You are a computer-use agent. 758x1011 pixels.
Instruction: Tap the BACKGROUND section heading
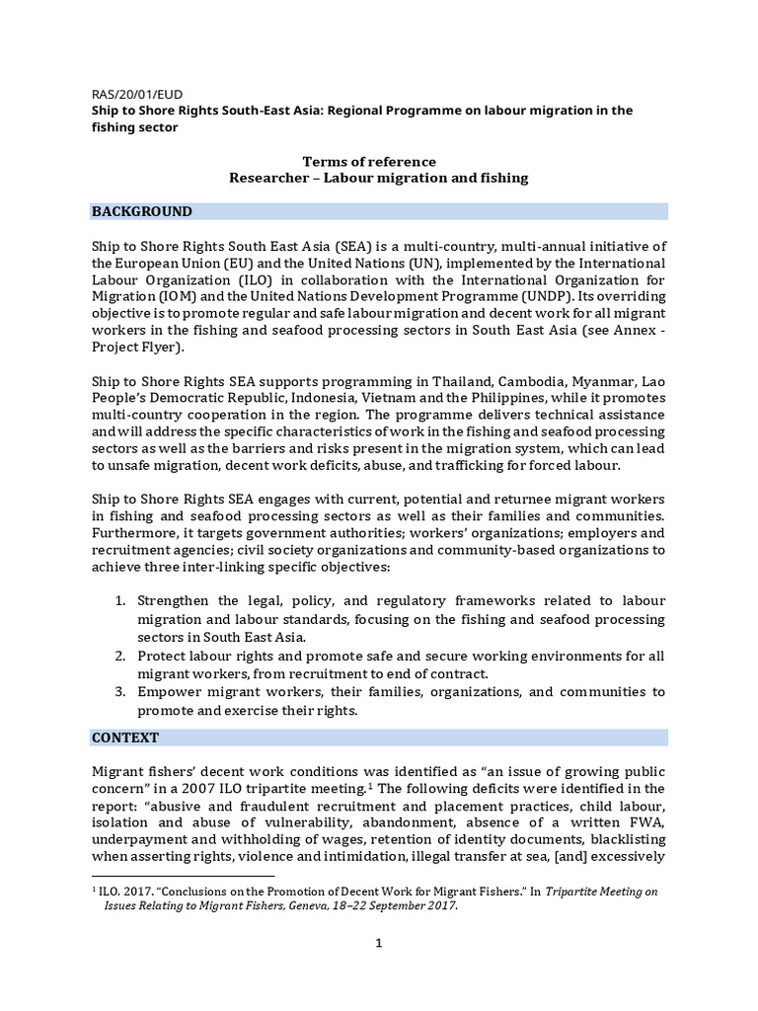point(142,211)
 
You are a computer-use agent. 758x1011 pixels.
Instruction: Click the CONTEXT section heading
point(125,738)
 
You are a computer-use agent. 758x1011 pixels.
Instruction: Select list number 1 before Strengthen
point(118,601)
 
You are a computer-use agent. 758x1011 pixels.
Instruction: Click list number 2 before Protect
point(118,656)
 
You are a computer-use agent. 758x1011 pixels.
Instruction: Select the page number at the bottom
point(378,944)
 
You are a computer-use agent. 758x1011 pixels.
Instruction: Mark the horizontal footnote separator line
point(183,875)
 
